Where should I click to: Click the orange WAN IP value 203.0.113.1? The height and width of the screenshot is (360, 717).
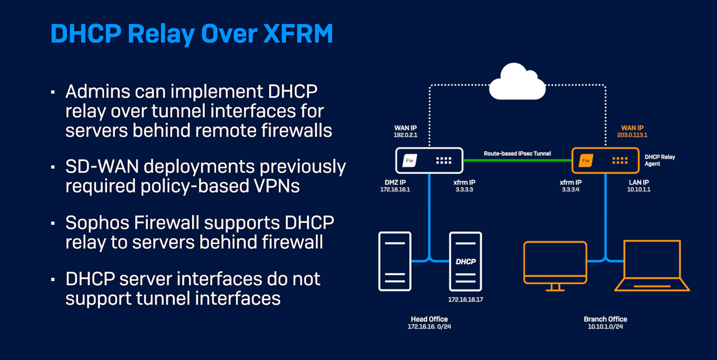(632, 135)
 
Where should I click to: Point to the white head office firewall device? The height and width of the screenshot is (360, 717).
(429, 161)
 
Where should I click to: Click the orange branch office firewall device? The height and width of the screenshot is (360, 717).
(605, 161)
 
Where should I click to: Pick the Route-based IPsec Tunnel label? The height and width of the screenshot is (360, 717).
(517, 153)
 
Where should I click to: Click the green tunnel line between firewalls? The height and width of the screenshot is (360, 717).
(517, 161)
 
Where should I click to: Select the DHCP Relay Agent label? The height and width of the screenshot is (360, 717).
(660, 160)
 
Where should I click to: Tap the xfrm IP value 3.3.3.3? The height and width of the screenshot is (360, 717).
(464, 190)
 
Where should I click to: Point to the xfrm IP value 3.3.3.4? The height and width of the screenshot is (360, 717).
(570, 190)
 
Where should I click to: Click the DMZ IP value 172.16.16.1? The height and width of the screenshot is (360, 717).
(395, 190)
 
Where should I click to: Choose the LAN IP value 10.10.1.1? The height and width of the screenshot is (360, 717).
(639, 190)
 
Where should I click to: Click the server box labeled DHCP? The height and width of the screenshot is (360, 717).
(465, 261)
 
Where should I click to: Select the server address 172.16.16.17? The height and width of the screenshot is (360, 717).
(465, 300)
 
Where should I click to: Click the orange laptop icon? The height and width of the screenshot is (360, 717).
(652, 266)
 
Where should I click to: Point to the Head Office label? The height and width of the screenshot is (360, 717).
(429, 319)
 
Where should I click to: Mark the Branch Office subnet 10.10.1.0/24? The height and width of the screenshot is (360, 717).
(605, 327)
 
